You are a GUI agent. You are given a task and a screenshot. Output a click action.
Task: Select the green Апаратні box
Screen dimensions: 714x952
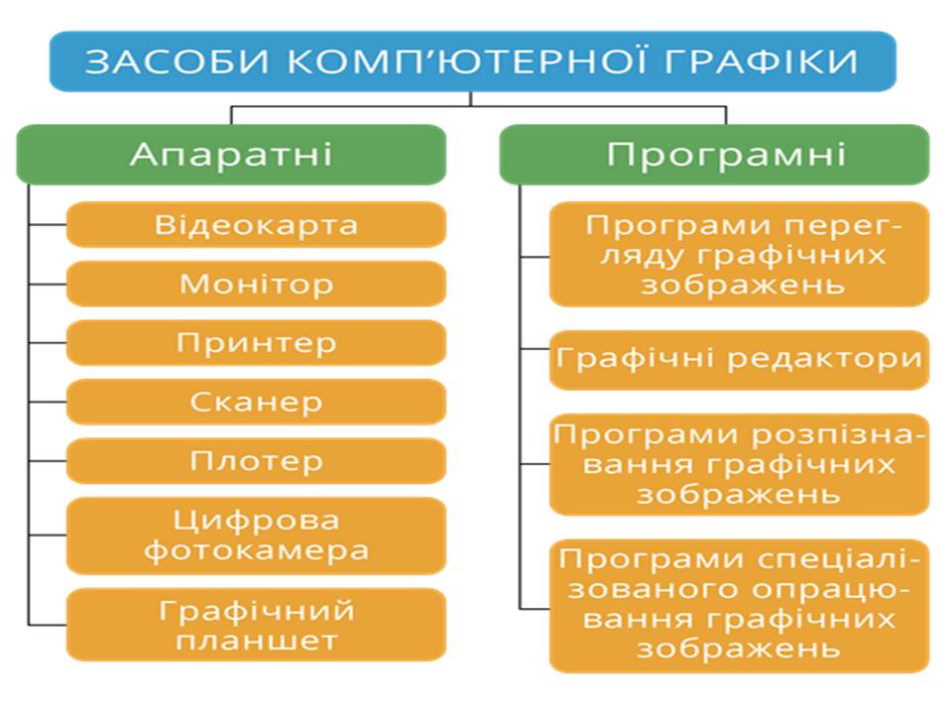coord(231,155)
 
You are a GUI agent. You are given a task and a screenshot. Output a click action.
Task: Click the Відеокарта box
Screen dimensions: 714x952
coord(256,225)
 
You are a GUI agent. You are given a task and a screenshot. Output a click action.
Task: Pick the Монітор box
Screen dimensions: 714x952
coord(256,285)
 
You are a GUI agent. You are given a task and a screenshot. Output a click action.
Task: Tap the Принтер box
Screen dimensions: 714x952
coord(256,343)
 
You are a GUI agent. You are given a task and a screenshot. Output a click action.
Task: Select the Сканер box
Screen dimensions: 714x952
coord(256,402)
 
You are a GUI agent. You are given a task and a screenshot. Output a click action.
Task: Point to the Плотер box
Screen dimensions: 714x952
coord(256,461)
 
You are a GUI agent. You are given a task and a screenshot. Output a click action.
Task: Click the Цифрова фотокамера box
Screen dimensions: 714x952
coord(256,535)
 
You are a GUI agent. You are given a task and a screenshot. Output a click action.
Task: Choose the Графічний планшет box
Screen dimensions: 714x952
coord(256,625)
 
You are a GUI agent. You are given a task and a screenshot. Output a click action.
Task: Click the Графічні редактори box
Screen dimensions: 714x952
coord(739,359)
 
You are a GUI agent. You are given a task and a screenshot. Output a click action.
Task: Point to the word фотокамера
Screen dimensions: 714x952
coord(256,550)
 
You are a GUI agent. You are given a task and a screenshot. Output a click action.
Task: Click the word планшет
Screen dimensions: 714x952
coord(256,641)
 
